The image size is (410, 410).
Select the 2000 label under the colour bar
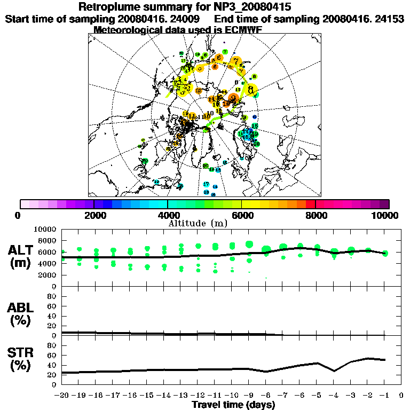[x=94, y=215]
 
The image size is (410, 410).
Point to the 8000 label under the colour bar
[x=316, y=215]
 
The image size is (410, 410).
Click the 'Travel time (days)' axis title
[x=233, y=405]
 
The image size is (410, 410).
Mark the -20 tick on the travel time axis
[x=62, y=396]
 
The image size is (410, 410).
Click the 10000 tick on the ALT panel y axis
[x=46, y=229]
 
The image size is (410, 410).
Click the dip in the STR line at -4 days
[x=334, y=370]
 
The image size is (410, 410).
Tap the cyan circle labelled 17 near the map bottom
[x=206, y=184]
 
